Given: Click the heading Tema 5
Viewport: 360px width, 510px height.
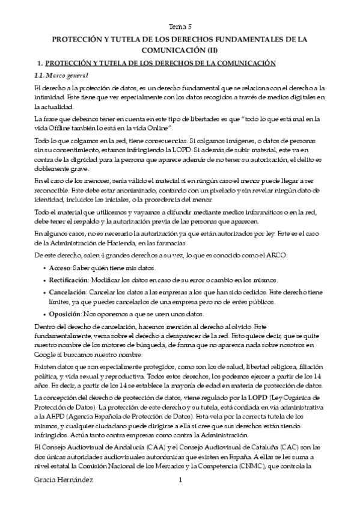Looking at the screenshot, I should (180, 26).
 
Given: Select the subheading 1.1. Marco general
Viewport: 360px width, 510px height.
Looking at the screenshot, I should (61, 75).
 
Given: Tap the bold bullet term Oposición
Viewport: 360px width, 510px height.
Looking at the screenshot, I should (66, 314).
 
